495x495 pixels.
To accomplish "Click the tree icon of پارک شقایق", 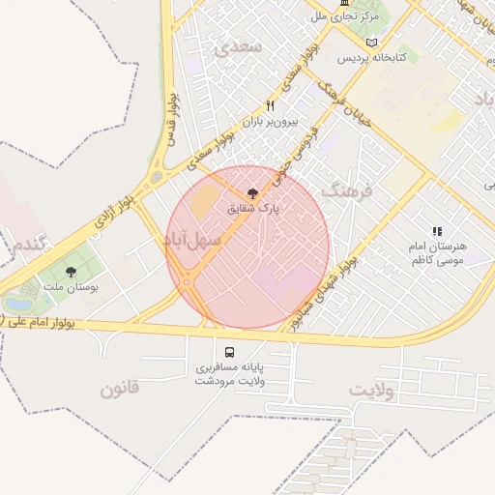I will coord(253,194).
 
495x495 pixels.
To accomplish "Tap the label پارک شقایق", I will coord(253,209).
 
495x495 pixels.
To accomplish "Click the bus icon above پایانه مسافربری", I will coord(230,352).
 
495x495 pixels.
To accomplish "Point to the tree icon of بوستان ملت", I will coord(71,273).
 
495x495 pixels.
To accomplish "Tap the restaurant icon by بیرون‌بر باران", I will coord(271,106).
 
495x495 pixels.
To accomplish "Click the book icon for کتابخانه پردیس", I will coord(372,43).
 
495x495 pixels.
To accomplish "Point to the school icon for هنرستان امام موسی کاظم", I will coord(437,232).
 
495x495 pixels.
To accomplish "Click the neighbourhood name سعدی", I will coord(237,50).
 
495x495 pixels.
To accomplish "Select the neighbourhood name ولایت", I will coord(372,389).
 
